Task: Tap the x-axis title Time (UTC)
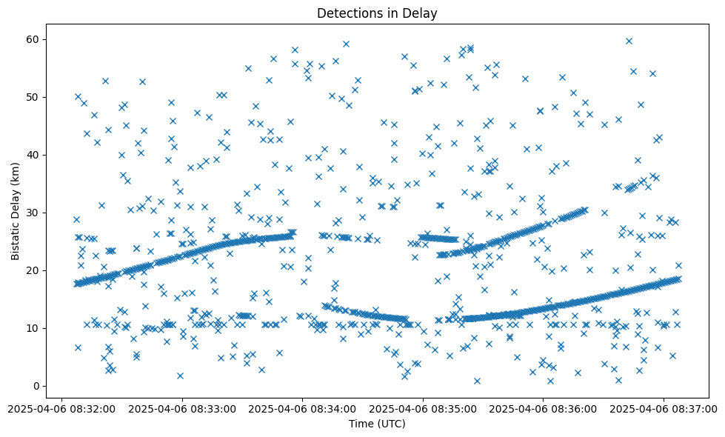click(377, 424)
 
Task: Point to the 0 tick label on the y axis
click(36, 386)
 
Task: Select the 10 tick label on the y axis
click(33, 328)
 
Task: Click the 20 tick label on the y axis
click(33, 270)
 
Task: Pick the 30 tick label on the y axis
click(33, 213)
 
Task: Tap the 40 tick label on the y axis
click(33, 155)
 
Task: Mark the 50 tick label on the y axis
click(33, 97)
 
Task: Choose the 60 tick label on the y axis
click(33, 39)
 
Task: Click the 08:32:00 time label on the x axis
click(63, 408)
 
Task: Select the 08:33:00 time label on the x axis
click(183, 408)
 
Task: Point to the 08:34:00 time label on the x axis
click(303, 408)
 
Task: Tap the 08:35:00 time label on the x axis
click(423, 408)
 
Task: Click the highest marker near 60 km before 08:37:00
click(629, 41)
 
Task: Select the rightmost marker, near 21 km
click(678, 265)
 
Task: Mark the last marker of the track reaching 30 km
click(584, 210)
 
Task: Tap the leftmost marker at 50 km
click(78, 96)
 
